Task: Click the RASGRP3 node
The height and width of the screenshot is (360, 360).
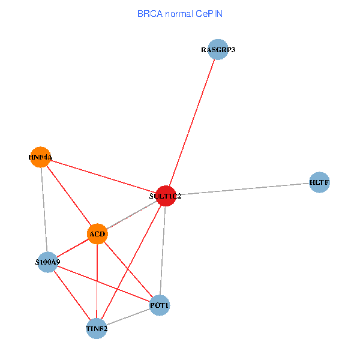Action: click(x=218, y=50)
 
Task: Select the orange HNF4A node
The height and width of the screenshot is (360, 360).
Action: click(x=40, y=157)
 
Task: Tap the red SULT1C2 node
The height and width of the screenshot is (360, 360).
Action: click(x=165, y=196)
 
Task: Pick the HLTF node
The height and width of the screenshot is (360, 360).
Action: click(x=320, y=182)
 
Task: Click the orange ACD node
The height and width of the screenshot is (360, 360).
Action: click(x=97, y=233)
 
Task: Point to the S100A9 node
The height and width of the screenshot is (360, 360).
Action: click(x=47, y=262)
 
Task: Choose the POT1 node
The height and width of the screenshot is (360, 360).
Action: click(x=160, y=305)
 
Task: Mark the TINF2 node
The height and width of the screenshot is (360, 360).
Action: click(x=97, y=328)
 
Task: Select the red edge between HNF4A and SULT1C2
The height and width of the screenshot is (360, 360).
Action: click(x=102, y=176)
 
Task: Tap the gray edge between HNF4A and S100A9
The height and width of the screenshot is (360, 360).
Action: click(x=44, y=210)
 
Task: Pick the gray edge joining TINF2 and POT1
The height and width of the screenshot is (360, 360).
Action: click(x=128, y=317)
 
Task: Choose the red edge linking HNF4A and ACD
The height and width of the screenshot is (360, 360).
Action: click(x=69, y=196)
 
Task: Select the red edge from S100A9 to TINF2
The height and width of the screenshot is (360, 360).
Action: click(x=72, y=295)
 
